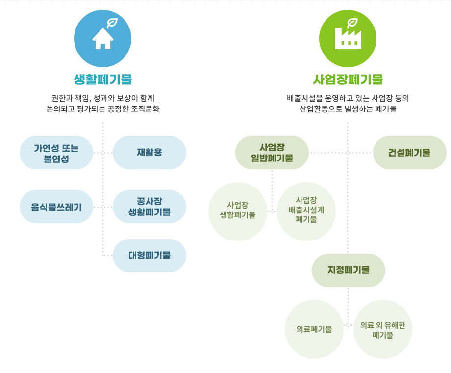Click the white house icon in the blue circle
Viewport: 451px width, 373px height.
pyautogui.click(x=102, y=39)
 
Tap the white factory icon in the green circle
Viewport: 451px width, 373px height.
pyautogui.click(x=348, y=39)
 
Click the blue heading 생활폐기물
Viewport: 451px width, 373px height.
pyautogui.click(x=102, y=79)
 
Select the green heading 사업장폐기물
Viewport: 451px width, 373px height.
pyautogui.click(x=348, y=79)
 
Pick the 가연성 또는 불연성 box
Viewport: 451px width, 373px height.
pyautogui.click(x=56, y=153)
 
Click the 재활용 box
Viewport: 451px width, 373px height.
pyautogui.click(x=150, y=153)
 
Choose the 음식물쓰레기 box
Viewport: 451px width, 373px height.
pyautogui.click(x=56, y=207)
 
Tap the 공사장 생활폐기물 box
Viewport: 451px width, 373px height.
pyautogui.click(x=150, y=207)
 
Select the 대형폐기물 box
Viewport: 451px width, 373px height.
pyautogui.click(x=150, y=256)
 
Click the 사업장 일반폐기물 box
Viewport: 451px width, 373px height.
pyautogui.click(x=272, y=153)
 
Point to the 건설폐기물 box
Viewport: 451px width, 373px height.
pyautogui.click(x=410, y=153)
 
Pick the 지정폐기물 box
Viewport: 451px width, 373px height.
pyautogui.click(x=349, y=270)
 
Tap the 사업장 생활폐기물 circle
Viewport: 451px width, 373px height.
pyautogui.click(x=238, y=212)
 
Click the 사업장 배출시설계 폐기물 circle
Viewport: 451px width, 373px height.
pyautogui.click(x=306, y=212)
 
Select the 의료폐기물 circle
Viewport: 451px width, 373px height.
pyautogui.click(x=314, y=329)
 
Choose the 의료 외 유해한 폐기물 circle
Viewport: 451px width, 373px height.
pyautogui.click(x=383, y=329)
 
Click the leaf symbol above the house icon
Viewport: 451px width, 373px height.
pyautogui.click(x=112, y=23)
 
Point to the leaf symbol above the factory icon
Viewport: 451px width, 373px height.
pyautogui.click(x=352, y=23)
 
